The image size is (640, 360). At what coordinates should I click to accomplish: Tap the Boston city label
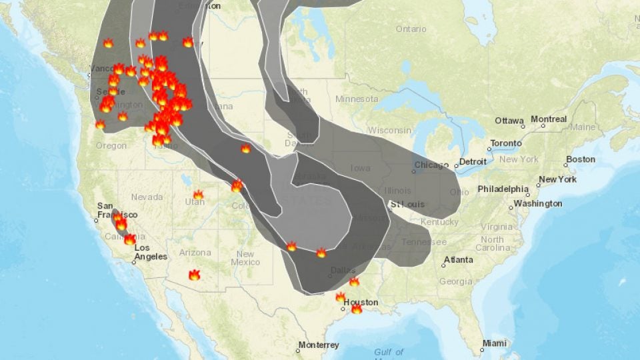click(579, 160)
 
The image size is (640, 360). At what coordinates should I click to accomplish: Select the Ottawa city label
click(509, 121)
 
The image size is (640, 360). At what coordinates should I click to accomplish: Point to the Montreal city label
click(549, 119)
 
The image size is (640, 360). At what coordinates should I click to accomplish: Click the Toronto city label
click(505, 143)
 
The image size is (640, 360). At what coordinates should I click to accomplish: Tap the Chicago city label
click(431, 165)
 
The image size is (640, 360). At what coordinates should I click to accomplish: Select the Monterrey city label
click(319, 345)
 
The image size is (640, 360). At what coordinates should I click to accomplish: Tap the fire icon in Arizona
click(194, 275)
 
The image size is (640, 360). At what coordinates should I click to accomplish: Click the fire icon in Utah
click(198, 195)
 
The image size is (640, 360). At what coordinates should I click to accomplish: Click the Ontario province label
click(411, 29)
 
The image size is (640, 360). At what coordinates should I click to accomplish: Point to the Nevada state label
click(147, 197)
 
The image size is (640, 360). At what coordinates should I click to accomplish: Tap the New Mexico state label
click(245, 258)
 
